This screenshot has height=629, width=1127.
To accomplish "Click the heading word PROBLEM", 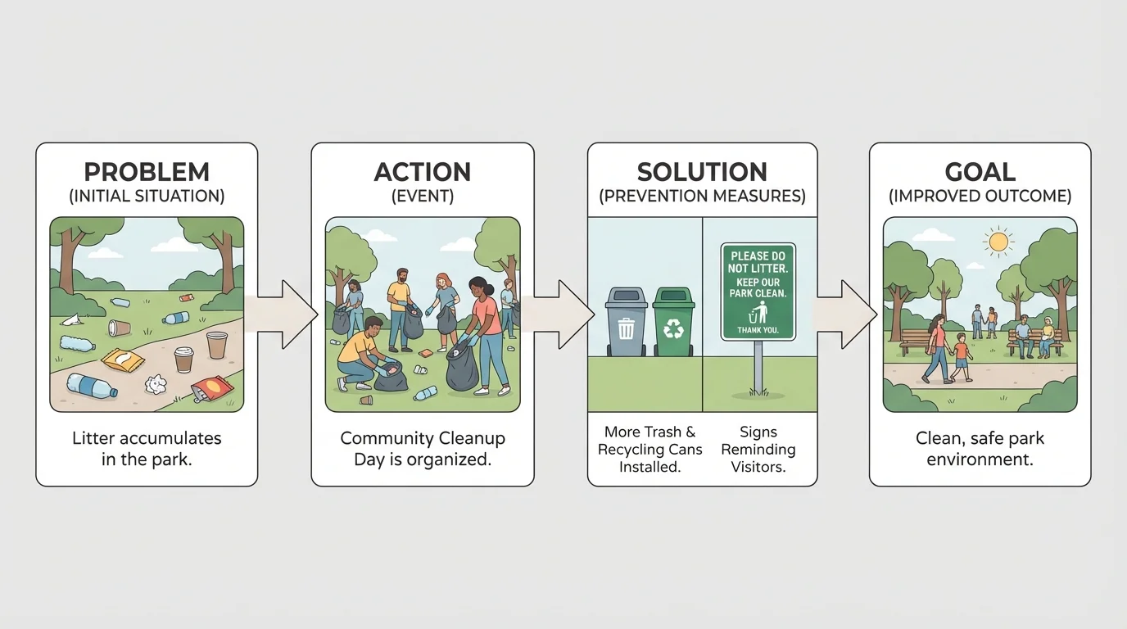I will coord(147,172).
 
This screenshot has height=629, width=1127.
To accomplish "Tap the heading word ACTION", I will coord(423,172).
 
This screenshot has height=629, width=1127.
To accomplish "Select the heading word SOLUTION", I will coord(702,172).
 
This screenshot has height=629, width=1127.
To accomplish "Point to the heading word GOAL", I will coord(980,172).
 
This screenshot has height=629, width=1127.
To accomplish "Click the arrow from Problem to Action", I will coord(286,314).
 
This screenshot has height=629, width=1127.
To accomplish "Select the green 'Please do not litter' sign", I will coord(758,291).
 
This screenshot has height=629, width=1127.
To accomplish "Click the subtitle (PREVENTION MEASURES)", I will coord(702,197).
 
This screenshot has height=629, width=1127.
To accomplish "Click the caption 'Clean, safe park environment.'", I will coord(980,449).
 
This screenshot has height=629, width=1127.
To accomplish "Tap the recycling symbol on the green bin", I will coord(673,329).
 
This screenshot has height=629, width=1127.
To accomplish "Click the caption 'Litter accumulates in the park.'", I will coord(147,449).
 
